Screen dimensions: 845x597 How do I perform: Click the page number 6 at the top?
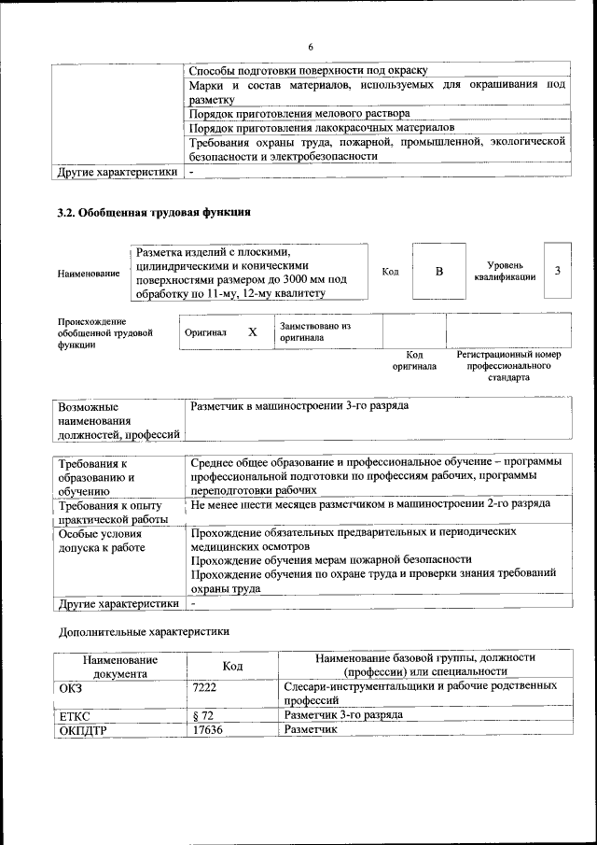312,48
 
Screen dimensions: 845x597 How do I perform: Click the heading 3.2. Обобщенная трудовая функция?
154,213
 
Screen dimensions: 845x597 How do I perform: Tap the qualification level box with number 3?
557,271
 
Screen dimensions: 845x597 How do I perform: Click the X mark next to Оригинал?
252,331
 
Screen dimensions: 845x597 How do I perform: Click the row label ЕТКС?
75,715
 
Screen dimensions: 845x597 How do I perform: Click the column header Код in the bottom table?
232,665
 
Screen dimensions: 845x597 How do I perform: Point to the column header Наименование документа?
119,665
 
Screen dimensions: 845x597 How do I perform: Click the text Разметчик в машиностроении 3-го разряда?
299,407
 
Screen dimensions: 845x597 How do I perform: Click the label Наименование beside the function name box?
88,274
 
